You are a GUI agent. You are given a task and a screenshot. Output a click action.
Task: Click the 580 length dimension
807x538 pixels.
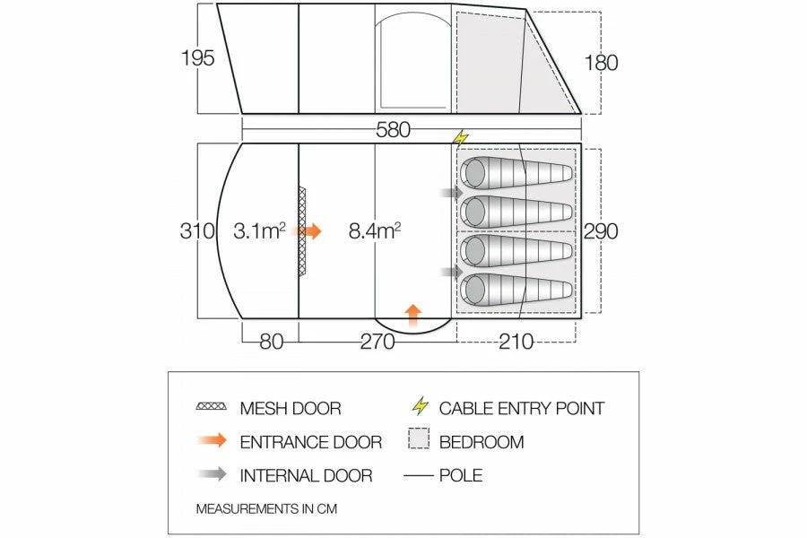click(x=394, y=130)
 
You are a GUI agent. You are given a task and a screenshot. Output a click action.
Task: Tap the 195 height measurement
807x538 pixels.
click(x=197, y=57)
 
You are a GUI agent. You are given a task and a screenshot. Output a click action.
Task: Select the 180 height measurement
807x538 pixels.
click(x=601, y=63)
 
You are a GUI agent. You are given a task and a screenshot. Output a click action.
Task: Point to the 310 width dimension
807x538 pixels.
click(x=197, y=230)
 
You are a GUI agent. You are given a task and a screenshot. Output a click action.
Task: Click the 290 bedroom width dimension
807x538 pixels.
click(x=601, y=231)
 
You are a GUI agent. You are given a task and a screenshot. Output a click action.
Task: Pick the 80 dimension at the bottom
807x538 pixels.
click(x=271, y=342)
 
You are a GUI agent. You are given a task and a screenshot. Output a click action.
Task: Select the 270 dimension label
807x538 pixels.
click(x=377, y=342)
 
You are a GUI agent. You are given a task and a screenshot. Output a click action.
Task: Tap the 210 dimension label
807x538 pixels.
click(x=516, y=342)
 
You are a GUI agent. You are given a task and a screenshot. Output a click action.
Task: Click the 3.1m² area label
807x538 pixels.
click(x=259, y=230)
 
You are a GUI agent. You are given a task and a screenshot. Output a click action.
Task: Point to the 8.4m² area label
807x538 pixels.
click(x=375, y=230)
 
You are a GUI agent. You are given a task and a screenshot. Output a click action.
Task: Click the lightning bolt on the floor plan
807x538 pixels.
click(x=461, y=138)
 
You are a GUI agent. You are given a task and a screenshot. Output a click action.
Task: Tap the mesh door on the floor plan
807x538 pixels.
click(x=302, y=230)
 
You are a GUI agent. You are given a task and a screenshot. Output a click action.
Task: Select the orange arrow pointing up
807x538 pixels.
click(x=412, y=316)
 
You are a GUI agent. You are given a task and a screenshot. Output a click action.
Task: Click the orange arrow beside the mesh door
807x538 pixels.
click(x=309, y=231)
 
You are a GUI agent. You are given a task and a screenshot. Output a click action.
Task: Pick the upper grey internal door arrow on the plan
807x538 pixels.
click(x=453, y=193)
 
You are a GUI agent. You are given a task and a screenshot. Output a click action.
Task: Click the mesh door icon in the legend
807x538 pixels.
click(x=211, y=406)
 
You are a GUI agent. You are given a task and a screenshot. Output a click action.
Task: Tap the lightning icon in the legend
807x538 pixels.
click(x=421, y=405)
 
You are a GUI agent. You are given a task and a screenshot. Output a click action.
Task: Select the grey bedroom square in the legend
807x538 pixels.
click(x=419, y=438)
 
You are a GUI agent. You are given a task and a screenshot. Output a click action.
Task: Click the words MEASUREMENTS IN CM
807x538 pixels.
click(x=266, y=508)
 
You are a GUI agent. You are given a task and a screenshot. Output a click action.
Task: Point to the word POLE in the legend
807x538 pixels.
click(x=461, y=475)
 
